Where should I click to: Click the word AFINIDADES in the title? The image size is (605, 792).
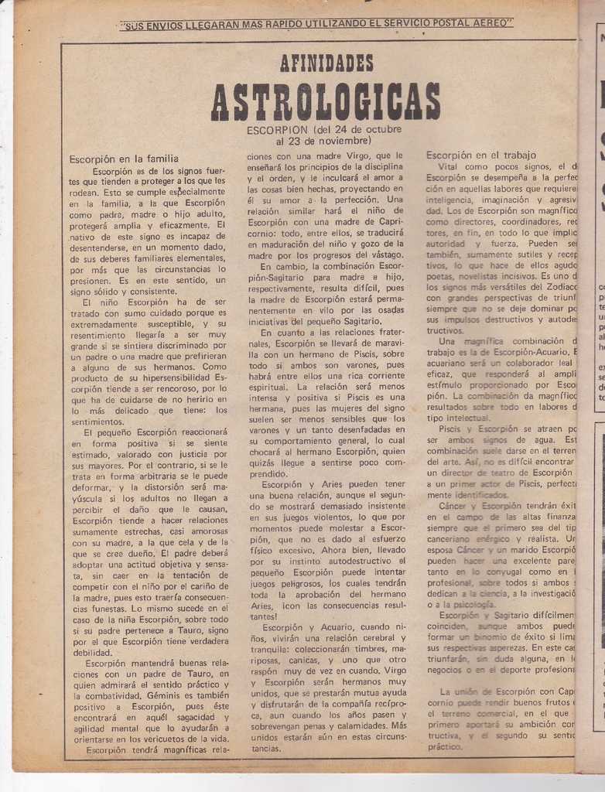point(326,63)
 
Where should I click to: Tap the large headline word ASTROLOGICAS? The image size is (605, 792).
point(326,101)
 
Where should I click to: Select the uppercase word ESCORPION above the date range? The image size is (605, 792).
point(277,130)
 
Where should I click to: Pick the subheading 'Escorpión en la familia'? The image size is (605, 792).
point(124,159)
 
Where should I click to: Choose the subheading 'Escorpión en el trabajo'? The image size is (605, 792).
point(480,155)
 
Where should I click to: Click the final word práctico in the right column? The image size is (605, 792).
point(446,746)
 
